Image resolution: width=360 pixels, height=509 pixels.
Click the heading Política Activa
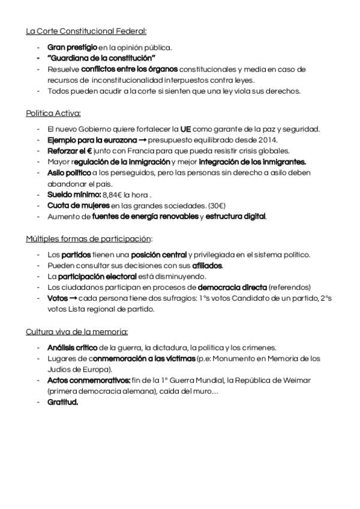(53, 113)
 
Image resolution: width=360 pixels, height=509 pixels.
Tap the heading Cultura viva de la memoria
(77, 331)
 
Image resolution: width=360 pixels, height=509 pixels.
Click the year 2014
(268, 140)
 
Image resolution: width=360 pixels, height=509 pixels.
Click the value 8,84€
(108, 194)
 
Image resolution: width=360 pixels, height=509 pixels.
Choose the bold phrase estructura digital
(235, 216)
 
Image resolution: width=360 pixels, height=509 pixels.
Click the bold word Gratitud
(62, 402)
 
